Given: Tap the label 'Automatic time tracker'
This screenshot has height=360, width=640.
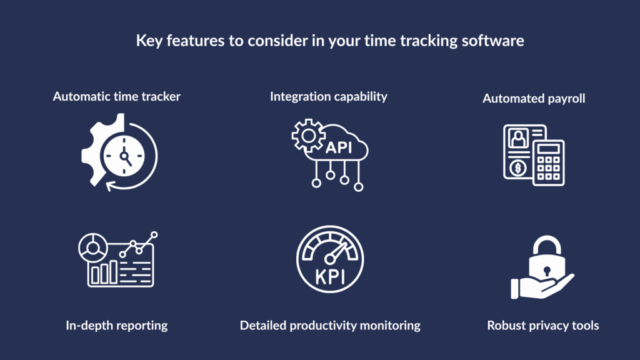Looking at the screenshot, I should pos(116,97).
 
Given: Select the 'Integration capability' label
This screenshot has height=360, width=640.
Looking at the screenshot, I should pos(328,96).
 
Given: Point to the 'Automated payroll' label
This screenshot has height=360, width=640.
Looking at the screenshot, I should pos(532,99).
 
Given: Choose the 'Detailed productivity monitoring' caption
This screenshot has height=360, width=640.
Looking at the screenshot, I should pos(329,324).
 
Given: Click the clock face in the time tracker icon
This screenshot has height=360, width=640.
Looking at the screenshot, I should pos(126,155).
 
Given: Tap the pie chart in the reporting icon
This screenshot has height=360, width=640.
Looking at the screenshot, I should pos(89,244).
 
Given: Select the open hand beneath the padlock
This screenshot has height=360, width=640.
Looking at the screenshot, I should pos(535,289).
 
